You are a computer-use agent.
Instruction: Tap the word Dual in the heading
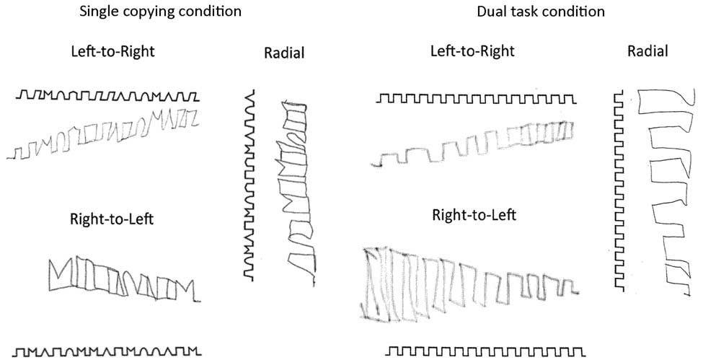pyautogui.click(x=490, y=12)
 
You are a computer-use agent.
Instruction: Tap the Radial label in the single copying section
pyautogui.click(x=284, y=52)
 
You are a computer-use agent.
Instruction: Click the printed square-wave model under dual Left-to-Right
pyautogui.click(x=476, y=98)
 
